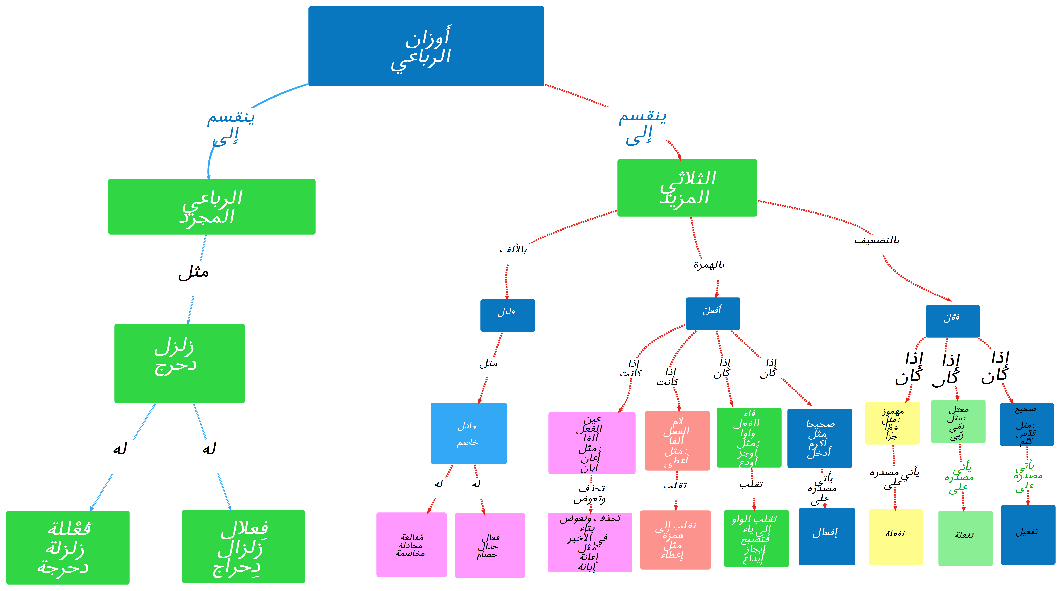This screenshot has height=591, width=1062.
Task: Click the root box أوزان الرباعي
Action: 426,46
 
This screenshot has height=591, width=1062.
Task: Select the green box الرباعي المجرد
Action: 212,206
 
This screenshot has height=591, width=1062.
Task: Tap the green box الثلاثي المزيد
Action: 687,188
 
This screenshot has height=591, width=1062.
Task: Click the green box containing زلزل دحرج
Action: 179,363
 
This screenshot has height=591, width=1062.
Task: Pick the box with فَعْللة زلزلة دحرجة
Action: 68,547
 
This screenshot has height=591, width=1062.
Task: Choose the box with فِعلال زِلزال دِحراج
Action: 243,546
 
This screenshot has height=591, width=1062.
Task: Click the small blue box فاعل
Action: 507,315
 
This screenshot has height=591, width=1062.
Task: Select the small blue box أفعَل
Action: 712,313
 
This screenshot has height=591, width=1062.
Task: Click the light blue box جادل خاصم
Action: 468,433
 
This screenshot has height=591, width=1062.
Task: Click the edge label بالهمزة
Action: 708,265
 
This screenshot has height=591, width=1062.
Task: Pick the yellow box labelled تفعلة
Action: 896,537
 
